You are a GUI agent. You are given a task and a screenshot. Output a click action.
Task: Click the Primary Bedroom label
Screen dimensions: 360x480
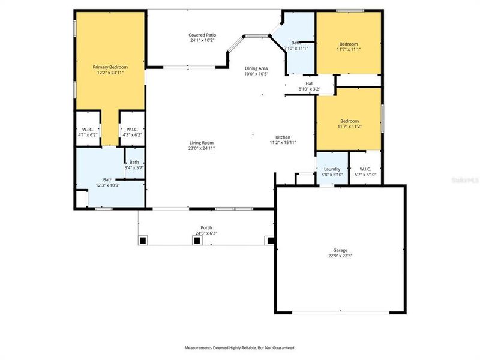(x=109, y=67)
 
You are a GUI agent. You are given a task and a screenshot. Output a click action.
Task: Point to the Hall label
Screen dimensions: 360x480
(x=309, y=83)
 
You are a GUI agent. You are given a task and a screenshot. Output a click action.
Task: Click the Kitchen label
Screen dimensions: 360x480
(x=283, y=136)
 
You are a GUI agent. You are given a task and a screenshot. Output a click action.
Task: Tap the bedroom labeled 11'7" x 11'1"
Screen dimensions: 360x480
(x=349, y=47)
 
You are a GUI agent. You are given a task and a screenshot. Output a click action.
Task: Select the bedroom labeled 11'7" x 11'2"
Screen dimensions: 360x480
(x=349, y=124)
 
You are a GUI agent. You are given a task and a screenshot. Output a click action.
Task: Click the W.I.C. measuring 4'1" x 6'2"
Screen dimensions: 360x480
(x=87, y=132)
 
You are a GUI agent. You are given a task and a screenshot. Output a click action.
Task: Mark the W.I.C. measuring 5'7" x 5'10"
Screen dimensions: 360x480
(x=365, y=172)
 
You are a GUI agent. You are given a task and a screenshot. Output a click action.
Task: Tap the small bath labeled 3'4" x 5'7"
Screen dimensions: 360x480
(x=134, y=165)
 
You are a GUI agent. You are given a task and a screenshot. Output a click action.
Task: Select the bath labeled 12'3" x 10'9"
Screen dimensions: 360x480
(x=107, y=182)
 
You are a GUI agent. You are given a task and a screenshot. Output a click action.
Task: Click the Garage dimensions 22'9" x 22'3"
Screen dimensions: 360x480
(x=340, y=256)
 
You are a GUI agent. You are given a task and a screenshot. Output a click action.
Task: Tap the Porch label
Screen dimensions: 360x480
(x=206, y=227)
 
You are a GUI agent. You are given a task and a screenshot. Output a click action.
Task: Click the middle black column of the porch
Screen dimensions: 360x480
(x=196, y=241)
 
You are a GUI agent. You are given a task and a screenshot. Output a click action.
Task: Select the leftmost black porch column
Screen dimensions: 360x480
(x=143, y=241)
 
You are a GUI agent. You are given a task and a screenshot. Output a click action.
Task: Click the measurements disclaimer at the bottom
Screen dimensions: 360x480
(x=239, y=347)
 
